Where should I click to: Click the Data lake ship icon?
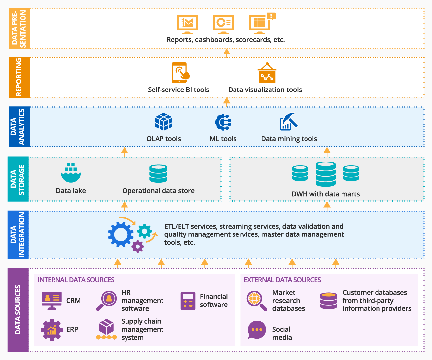(x=71, y=173)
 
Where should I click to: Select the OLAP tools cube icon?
(x=164, y=122)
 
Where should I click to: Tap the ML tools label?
(x=223, y=139)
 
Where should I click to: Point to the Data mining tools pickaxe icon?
(x=289, y=122)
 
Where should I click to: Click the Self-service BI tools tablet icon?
(x=180, y=73)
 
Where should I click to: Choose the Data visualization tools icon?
(x=267, y=73)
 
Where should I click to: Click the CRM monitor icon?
(x=52, y=301)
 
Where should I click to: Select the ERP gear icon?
(x=52, y=329)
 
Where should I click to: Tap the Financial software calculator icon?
(x=188, y=301)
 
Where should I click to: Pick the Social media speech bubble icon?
(x=257, y=330)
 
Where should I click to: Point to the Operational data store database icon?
(x=158, y=174)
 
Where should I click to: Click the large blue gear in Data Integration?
(x=121, y=234)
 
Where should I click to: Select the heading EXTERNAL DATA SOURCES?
(x=282, y=280)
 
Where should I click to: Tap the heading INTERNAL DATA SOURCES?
(x=76, y=280)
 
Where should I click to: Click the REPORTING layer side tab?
(x=19, y=77)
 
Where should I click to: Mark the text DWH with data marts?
(x=325, y=194)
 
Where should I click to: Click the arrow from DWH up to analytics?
(x=327, y=152)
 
